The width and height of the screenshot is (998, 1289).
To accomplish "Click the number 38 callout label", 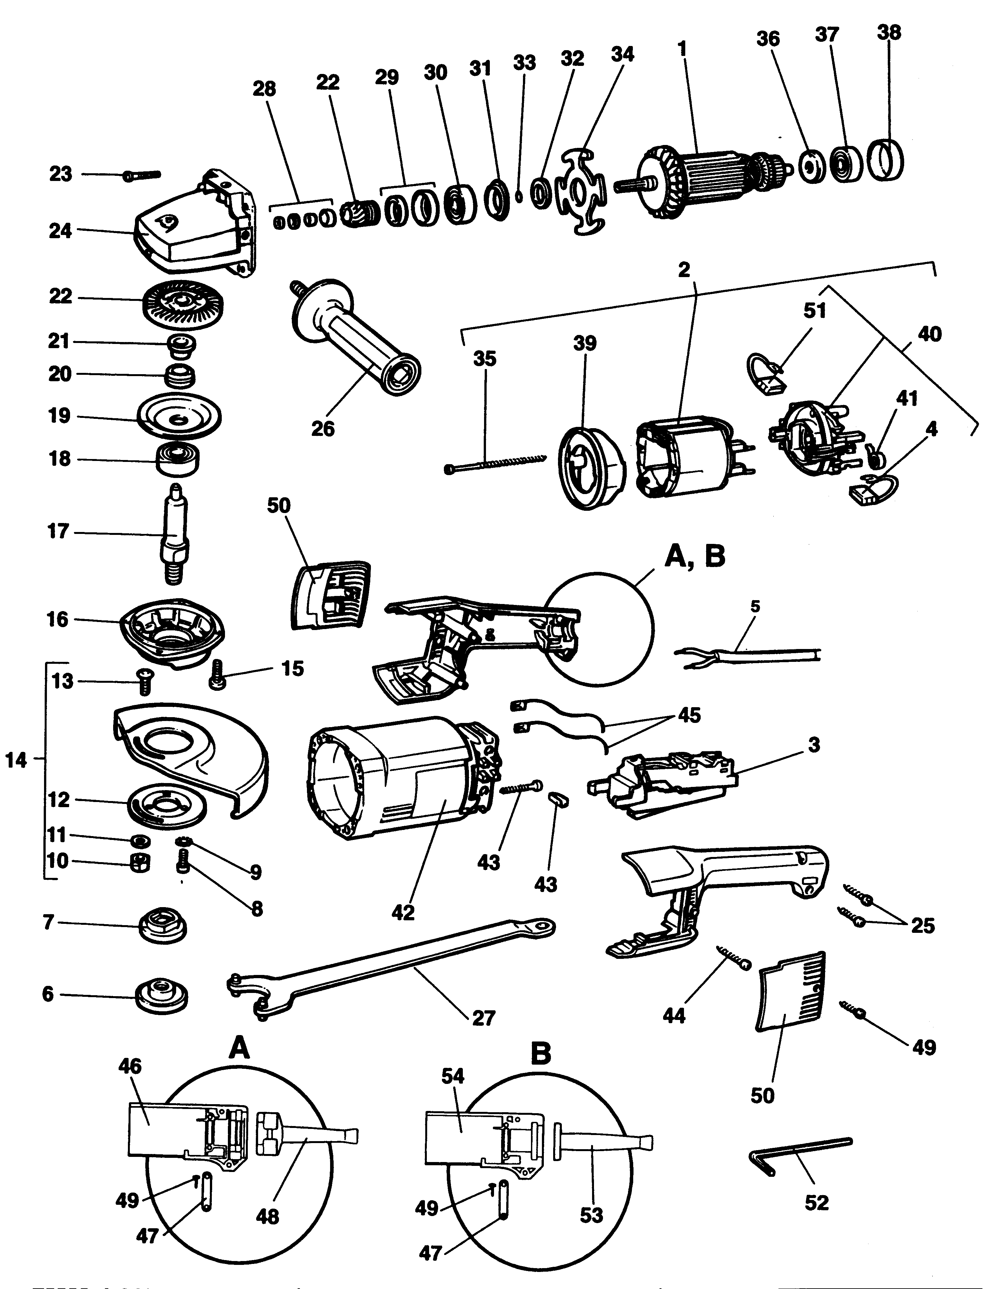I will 889,32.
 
